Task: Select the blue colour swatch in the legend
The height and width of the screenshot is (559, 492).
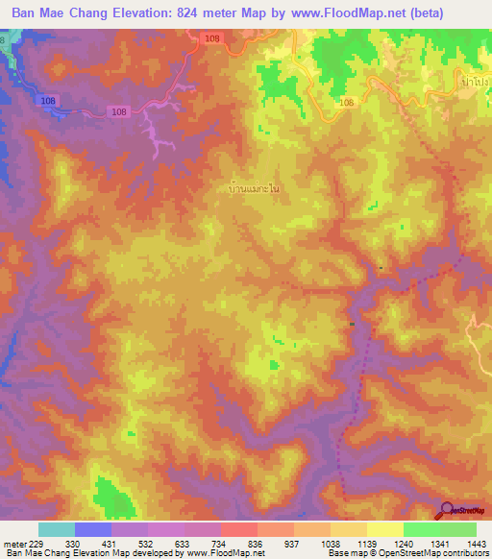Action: point(92,529)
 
